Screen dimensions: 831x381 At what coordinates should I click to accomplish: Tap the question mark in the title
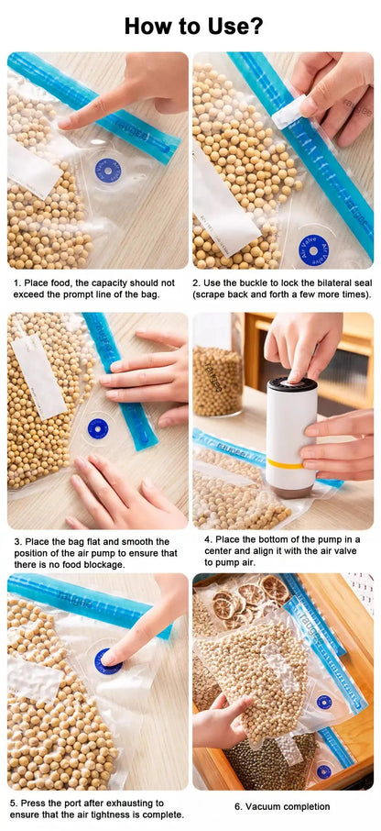pyautogui.click(x=256, y=26)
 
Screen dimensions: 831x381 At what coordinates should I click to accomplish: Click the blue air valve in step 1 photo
pyautogui.click(x=108, y=171)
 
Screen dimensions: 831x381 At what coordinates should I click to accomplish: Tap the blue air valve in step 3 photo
pyautogui.click(x=98, y=427)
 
